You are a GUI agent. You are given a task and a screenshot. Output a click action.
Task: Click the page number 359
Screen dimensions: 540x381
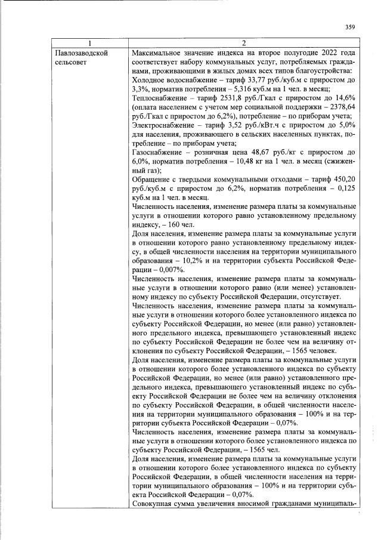(350, 26)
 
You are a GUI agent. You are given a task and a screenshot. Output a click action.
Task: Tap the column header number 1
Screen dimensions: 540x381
(90, 44)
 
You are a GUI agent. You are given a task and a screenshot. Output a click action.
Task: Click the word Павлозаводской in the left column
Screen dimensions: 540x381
(80, 53)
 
